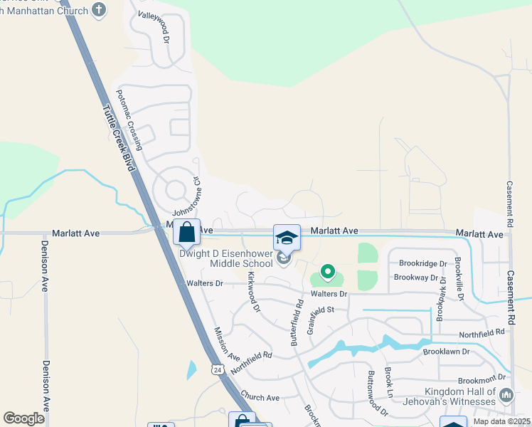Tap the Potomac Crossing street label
coord(130,120)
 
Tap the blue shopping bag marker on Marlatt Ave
coord(186,232)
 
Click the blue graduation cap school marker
coord(287,238)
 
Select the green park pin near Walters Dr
coord(327,271)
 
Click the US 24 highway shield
coord(216,369)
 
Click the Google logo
coord(24,418)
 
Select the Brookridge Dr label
coord(422,263)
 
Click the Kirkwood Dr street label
coord(253,291)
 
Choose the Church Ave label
coord(260,398)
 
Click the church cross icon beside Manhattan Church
coord(99,11)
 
